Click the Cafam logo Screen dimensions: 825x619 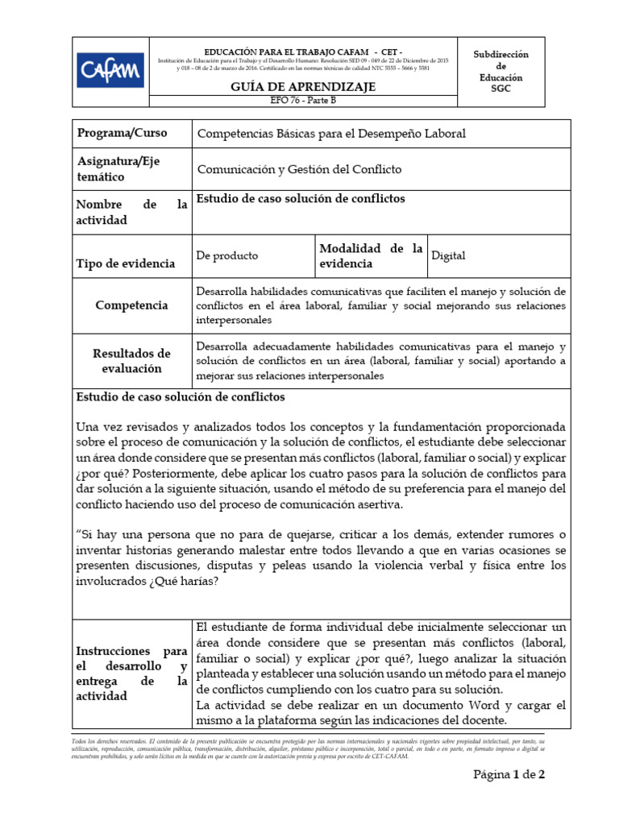point(111,70)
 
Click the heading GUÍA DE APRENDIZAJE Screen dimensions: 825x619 point(303,87)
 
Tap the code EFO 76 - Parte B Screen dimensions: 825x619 point(303,101)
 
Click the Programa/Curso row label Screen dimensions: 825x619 point(118,133)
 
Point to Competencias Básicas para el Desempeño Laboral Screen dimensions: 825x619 point(332,134)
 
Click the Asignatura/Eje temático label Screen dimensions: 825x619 point(118,168)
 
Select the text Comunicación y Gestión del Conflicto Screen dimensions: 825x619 point(299,169)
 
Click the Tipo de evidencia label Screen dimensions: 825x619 point(125,263)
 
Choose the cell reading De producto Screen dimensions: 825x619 point(227,255)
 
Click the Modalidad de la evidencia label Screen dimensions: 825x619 point(371,255)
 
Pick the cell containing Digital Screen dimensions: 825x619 point(449,256)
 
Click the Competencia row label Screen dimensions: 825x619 point(131,305)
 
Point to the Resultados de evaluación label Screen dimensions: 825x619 point(131,360)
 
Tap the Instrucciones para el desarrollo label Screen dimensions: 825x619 point(131,673)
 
